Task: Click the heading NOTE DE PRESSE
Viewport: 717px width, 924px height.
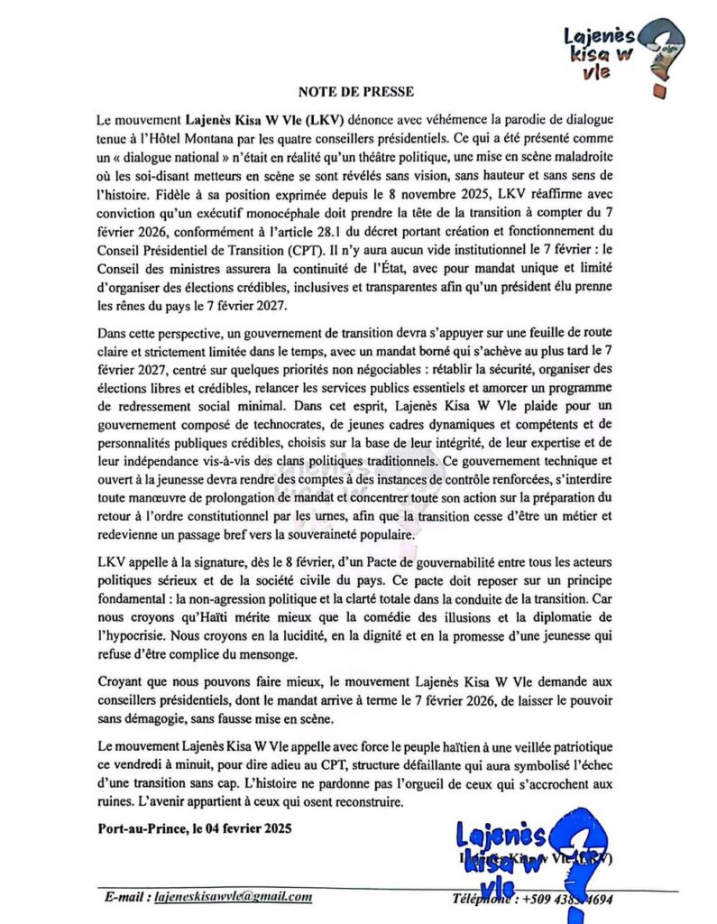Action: [356, 91]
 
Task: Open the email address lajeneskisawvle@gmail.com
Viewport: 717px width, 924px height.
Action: [234, 897]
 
